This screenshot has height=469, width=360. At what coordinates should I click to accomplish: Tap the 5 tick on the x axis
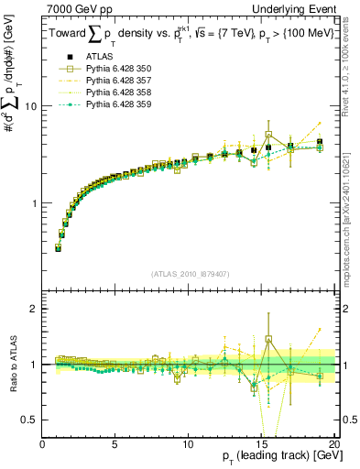(x=115, y=445)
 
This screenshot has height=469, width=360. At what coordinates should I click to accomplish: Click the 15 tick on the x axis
(x=261, y=445)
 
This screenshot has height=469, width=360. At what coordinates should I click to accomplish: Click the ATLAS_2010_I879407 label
(x=190, y=273)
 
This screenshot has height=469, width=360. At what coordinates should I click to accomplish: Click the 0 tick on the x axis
(x=42, y=445)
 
